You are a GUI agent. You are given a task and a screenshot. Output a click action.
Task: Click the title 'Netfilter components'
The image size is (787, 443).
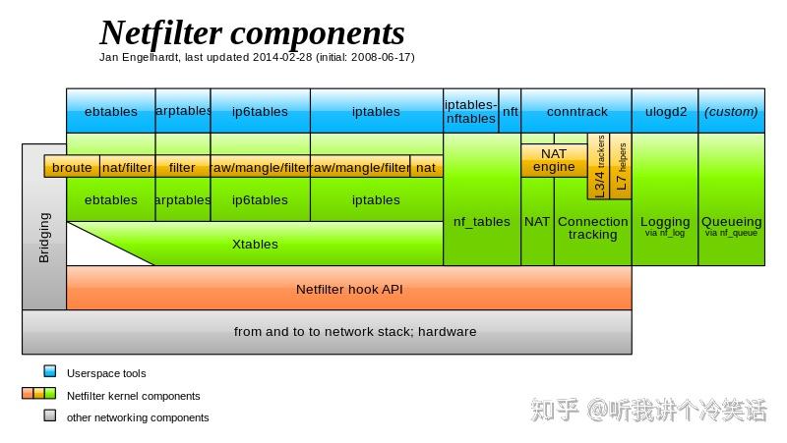[252, 33]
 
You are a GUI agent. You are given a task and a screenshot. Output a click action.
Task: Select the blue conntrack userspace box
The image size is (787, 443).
[576, 111]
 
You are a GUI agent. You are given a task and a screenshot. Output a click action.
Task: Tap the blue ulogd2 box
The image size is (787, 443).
[665, 111]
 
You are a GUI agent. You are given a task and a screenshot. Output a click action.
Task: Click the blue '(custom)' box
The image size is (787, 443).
[731, 111]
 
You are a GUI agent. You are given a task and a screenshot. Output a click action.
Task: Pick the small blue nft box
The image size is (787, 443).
[511, 111]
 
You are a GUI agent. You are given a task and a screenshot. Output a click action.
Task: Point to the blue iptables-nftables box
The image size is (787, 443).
[471, 111]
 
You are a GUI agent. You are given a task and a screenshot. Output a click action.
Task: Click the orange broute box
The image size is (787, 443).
[72, 168]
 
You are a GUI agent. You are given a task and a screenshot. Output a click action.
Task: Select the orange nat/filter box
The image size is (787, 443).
[127, 168]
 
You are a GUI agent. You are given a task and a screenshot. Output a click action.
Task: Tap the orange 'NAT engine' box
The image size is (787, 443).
[554, 160]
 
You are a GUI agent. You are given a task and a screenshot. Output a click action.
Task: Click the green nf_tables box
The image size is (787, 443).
[481, 222]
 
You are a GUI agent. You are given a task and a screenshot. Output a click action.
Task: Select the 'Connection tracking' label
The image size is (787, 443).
[592, 228]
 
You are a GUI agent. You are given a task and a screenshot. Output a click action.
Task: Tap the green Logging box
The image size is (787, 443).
[665, 226]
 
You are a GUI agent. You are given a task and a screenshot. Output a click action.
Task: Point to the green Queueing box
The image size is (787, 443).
[732, 226]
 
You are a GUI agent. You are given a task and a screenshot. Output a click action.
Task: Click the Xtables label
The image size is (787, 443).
[255, 244]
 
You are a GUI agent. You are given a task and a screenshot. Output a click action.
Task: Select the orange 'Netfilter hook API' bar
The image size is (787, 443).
[349, 290]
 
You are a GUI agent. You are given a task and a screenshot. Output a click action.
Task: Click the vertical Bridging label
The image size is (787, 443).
[44, 239]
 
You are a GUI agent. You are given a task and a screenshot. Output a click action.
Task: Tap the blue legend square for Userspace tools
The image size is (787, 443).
[50, 372]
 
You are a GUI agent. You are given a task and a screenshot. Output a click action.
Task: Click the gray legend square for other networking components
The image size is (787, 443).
[50, 416]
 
